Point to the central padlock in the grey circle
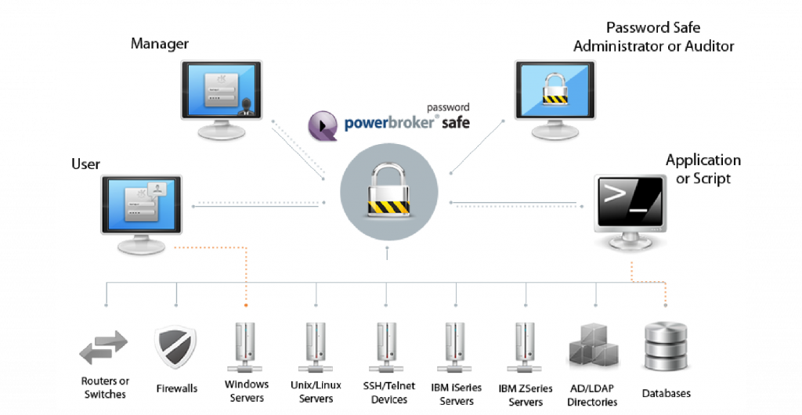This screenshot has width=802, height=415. [388, 192]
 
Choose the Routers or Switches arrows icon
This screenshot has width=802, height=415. [103, 348]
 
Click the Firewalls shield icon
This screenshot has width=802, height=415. [175, 348]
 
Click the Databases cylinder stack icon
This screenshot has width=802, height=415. [666, 347]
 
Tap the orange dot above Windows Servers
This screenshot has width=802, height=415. [246, 305]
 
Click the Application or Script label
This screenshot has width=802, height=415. [703, 169]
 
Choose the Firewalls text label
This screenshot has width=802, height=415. [176, 388]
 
